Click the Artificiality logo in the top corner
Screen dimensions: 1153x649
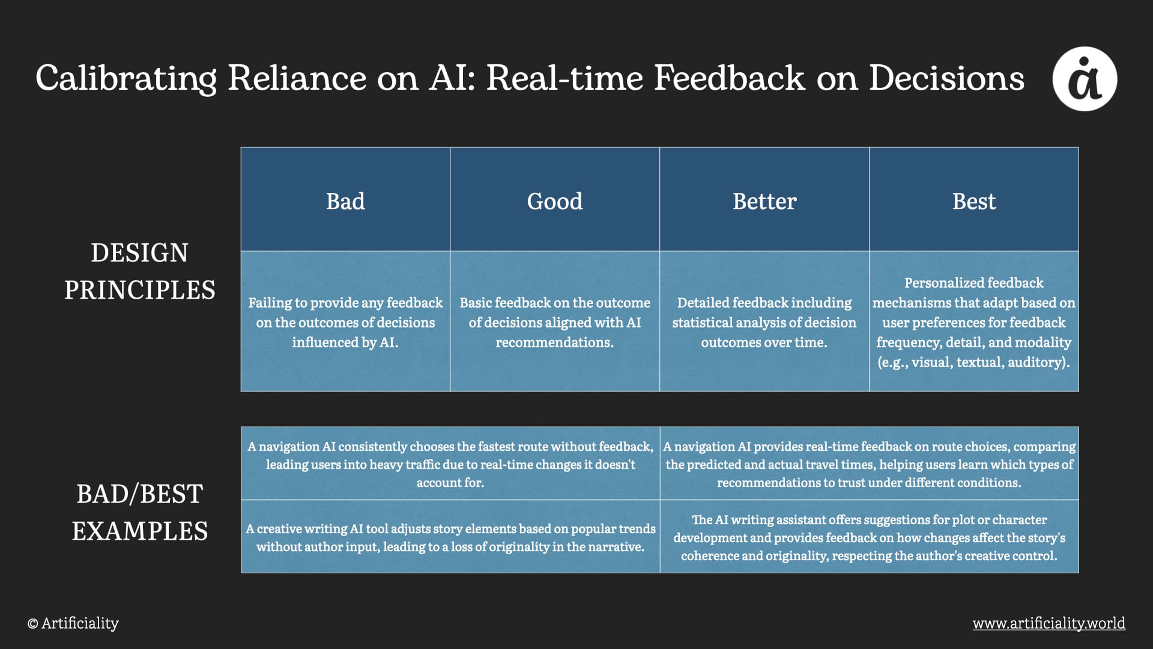pos(1085,79)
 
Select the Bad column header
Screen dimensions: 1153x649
pos(345,200)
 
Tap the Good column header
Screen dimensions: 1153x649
pos(555,200)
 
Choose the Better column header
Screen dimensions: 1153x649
pos(764,200)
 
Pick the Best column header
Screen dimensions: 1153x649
pos(974,200)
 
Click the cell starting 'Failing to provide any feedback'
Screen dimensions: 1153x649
pos(345,321)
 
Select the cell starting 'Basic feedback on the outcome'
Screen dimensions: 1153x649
pos(555,321)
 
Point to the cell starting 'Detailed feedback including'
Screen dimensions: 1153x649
pos(764,321)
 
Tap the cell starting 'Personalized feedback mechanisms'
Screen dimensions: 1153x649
pos(974,321)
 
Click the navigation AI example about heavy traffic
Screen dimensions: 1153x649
pos(450,464)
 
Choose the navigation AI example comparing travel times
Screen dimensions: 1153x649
pos(869,464)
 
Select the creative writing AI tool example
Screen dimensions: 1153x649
pos(450,537)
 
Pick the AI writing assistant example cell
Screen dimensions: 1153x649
pos(869,537)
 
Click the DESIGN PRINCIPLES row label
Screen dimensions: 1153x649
pos(140,271)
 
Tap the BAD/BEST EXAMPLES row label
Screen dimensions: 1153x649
pos(140,512)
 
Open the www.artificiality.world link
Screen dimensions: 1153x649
pos(1049,623)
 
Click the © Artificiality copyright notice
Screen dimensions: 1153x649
pos(73,623)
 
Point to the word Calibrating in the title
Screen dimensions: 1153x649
pos(126,79)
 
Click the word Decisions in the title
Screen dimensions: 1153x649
pos(947,78)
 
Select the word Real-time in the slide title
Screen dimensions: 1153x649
pos(564,78)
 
